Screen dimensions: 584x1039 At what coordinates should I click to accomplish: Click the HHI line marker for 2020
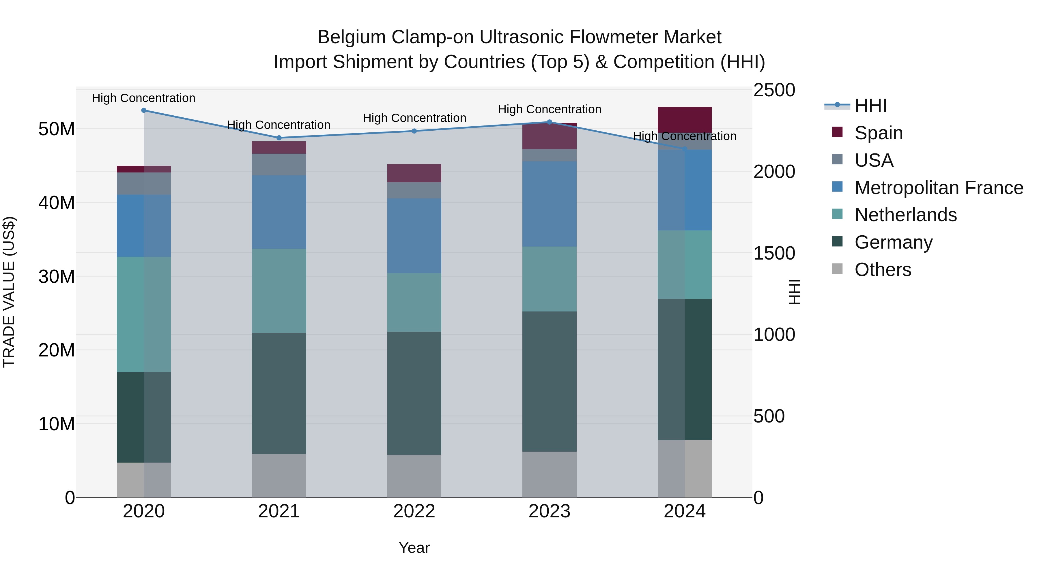(x=144, y=110)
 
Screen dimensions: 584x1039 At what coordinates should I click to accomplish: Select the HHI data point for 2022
(x=414, y=131)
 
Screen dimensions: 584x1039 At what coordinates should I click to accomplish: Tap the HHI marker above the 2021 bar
(x=279, y=138)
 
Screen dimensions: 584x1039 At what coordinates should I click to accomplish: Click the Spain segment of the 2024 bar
(x=685, y=120)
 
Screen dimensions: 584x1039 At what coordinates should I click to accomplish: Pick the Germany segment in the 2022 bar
(x=414, y=393)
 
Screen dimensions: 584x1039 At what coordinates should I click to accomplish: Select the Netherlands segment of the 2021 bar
(x=279, y=291)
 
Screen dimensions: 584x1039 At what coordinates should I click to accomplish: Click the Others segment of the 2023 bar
(x=549, y=474)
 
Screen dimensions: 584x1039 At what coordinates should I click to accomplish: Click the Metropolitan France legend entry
(x=938, y=188)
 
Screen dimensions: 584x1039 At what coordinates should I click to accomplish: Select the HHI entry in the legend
(x=870, y=106)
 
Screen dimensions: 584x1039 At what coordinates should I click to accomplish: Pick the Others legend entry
(x=883, y=270)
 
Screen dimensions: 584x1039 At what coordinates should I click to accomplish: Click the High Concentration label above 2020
(x=144, y=98)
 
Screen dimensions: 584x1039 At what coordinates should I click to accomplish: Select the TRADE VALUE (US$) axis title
(x=9, y=292)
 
